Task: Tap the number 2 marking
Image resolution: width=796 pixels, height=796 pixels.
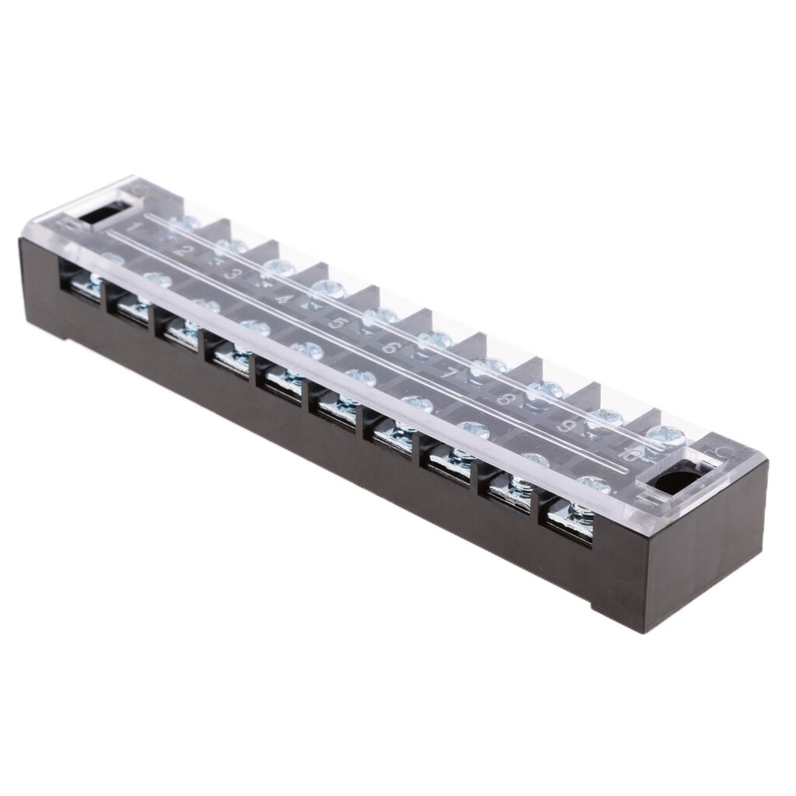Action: point(185,250)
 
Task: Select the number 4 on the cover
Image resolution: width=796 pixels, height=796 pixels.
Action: point(285,298)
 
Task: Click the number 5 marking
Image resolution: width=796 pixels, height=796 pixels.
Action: point(337,322)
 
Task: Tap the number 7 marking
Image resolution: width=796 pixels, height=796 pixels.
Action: point(449,372)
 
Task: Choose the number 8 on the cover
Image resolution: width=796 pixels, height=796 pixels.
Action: point(507,400)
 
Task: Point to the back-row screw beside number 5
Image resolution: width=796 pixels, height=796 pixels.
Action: point(379,314)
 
